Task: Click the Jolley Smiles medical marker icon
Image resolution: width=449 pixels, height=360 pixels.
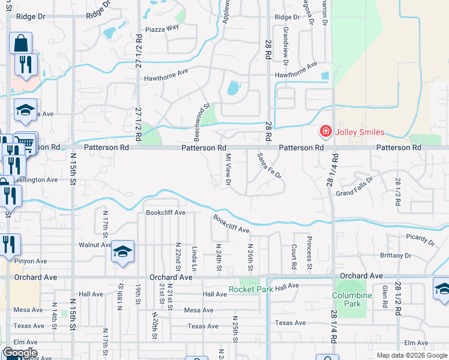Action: coord(325,131)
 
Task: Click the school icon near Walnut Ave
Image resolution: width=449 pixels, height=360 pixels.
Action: coord(122,253)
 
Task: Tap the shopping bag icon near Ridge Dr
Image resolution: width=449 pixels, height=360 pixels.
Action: coord(20,44)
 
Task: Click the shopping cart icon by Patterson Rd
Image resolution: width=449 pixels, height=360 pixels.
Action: coord(26,143)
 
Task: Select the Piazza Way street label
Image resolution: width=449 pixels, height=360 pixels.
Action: coord(162,29)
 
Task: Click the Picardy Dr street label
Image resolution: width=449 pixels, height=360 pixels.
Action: coord(420,239)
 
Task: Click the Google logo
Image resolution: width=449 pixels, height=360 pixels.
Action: coord(20,353)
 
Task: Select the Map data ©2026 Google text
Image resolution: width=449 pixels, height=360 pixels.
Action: coord(412,355)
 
